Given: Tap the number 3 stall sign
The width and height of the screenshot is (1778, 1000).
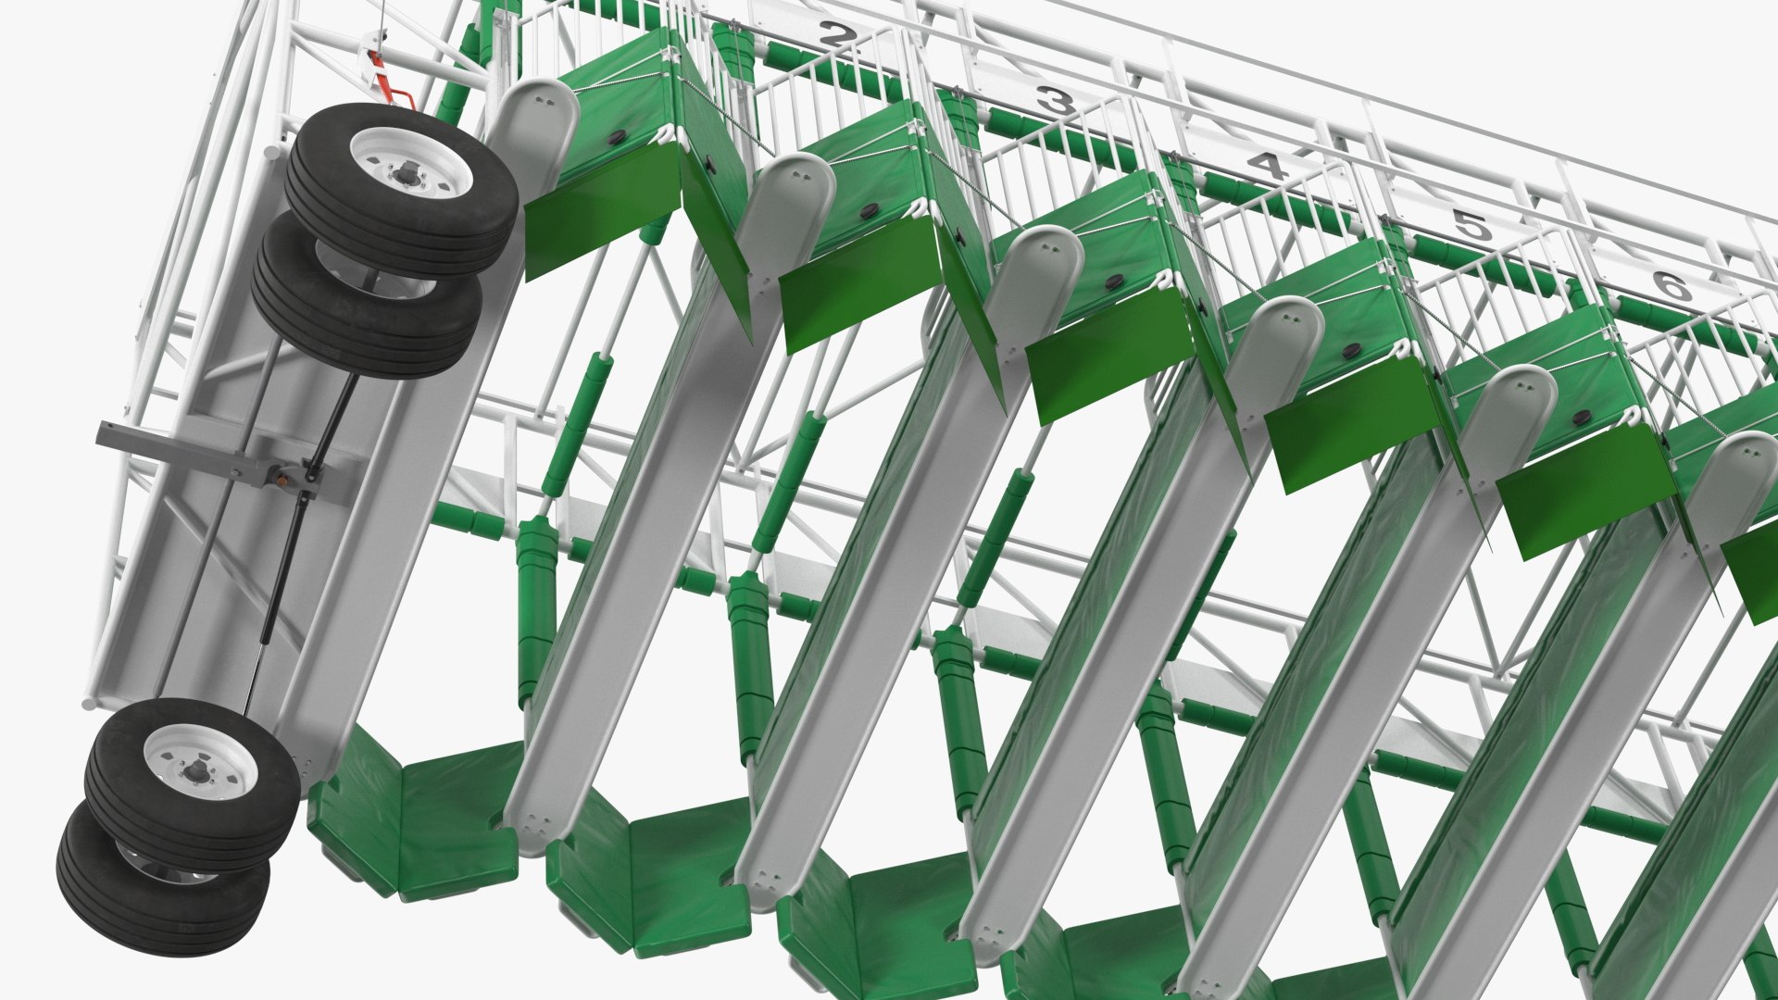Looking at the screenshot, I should point(1053,102).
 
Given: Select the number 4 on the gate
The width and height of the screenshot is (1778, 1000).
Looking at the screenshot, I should point(1267,166).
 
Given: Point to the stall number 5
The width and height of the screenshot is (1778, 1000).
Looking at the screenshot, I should point(1468,225).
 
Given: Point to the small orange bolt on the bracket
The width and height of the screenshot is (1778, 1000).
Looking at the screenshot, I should point(276,480).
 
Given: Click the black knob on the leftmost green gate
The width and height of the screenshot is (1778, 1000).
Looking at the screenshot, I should point(617,137).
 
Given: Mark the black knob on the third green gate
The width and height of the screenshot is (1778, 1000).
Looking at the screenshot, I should point(1112,281).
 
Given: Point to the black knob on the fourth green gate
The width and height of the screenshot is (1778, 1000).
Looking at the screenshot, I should point(1351,351).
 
